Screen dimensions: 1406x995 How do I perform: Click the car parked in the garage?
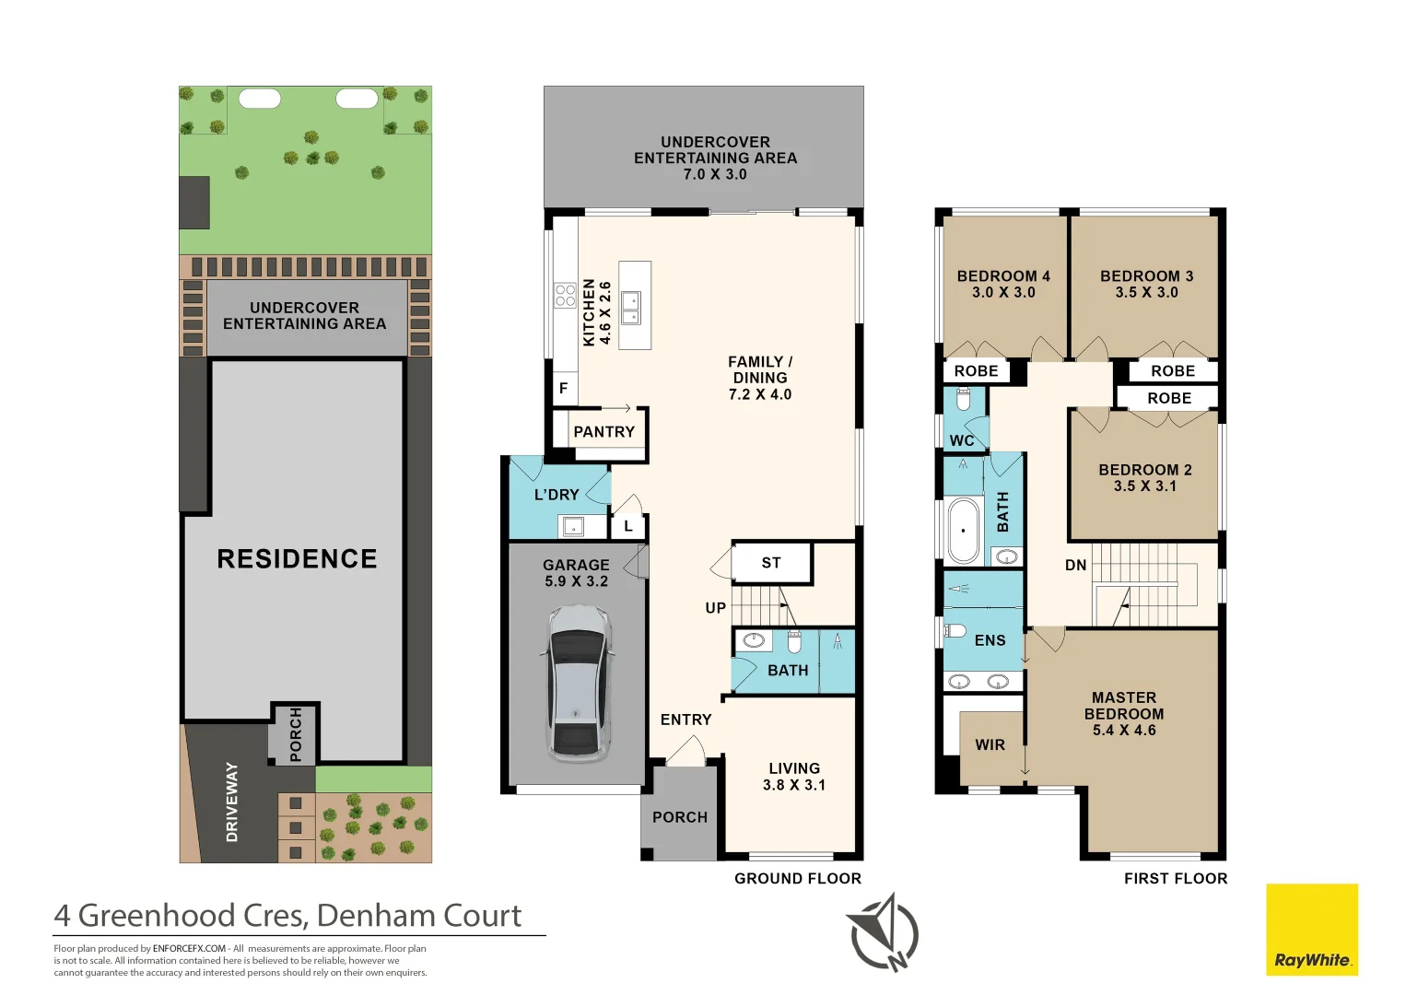click(x=577, y=684)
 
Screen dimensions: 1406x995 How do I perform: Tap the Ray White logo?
click(x=1312, y=930)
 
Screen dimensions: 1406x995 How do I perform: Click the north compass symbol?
click(x=885, y=933)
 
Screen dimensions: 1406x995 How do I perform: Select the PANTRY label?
click(x=603, y=432)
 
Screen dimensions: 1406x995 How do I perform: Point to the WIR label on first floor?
click(x=990, y=745)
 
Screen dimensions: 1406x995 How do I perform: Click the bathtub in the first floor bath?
click(x=963, y=531)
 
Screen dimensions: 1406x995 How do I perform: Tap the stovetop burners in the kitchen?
click(x=565, y=295)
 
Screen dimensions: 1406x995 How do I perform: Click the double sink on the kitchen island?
click(x=631, y=308)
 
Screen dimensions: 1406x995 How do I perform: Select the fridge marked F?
click(x=564, y=388)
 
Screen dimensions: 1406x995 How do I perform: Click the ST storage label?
click(x=771, y=563)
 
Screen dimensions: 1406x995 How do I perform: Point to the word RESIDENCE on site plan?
click(x=297, y=558)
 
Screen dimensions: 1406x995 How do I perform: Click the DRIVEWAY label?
click(x=231, y=802)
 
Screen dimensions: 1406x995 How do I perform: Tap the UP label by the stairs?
click(x=716, y=608)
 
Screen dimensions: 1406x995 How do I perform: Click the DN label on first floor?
click(x=1076, y=565)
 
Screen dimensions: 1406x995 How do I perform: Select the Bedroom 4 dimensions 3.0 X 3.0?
click(x=1003, y=293)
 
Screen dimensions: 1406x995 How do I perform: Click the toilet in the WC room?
click(x=963, y=398)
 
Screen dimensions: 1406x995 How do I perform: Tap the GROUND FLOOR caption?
click(x=798, y=878)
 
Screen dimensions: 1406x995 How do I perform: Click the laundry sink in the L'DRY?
click(x=572, y=526)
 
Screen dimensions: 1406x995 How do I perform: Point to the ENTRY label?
click(x=686, y=720)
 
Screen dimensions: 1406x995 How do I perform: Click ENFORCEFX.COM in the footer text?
click(x=189, y=949)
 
